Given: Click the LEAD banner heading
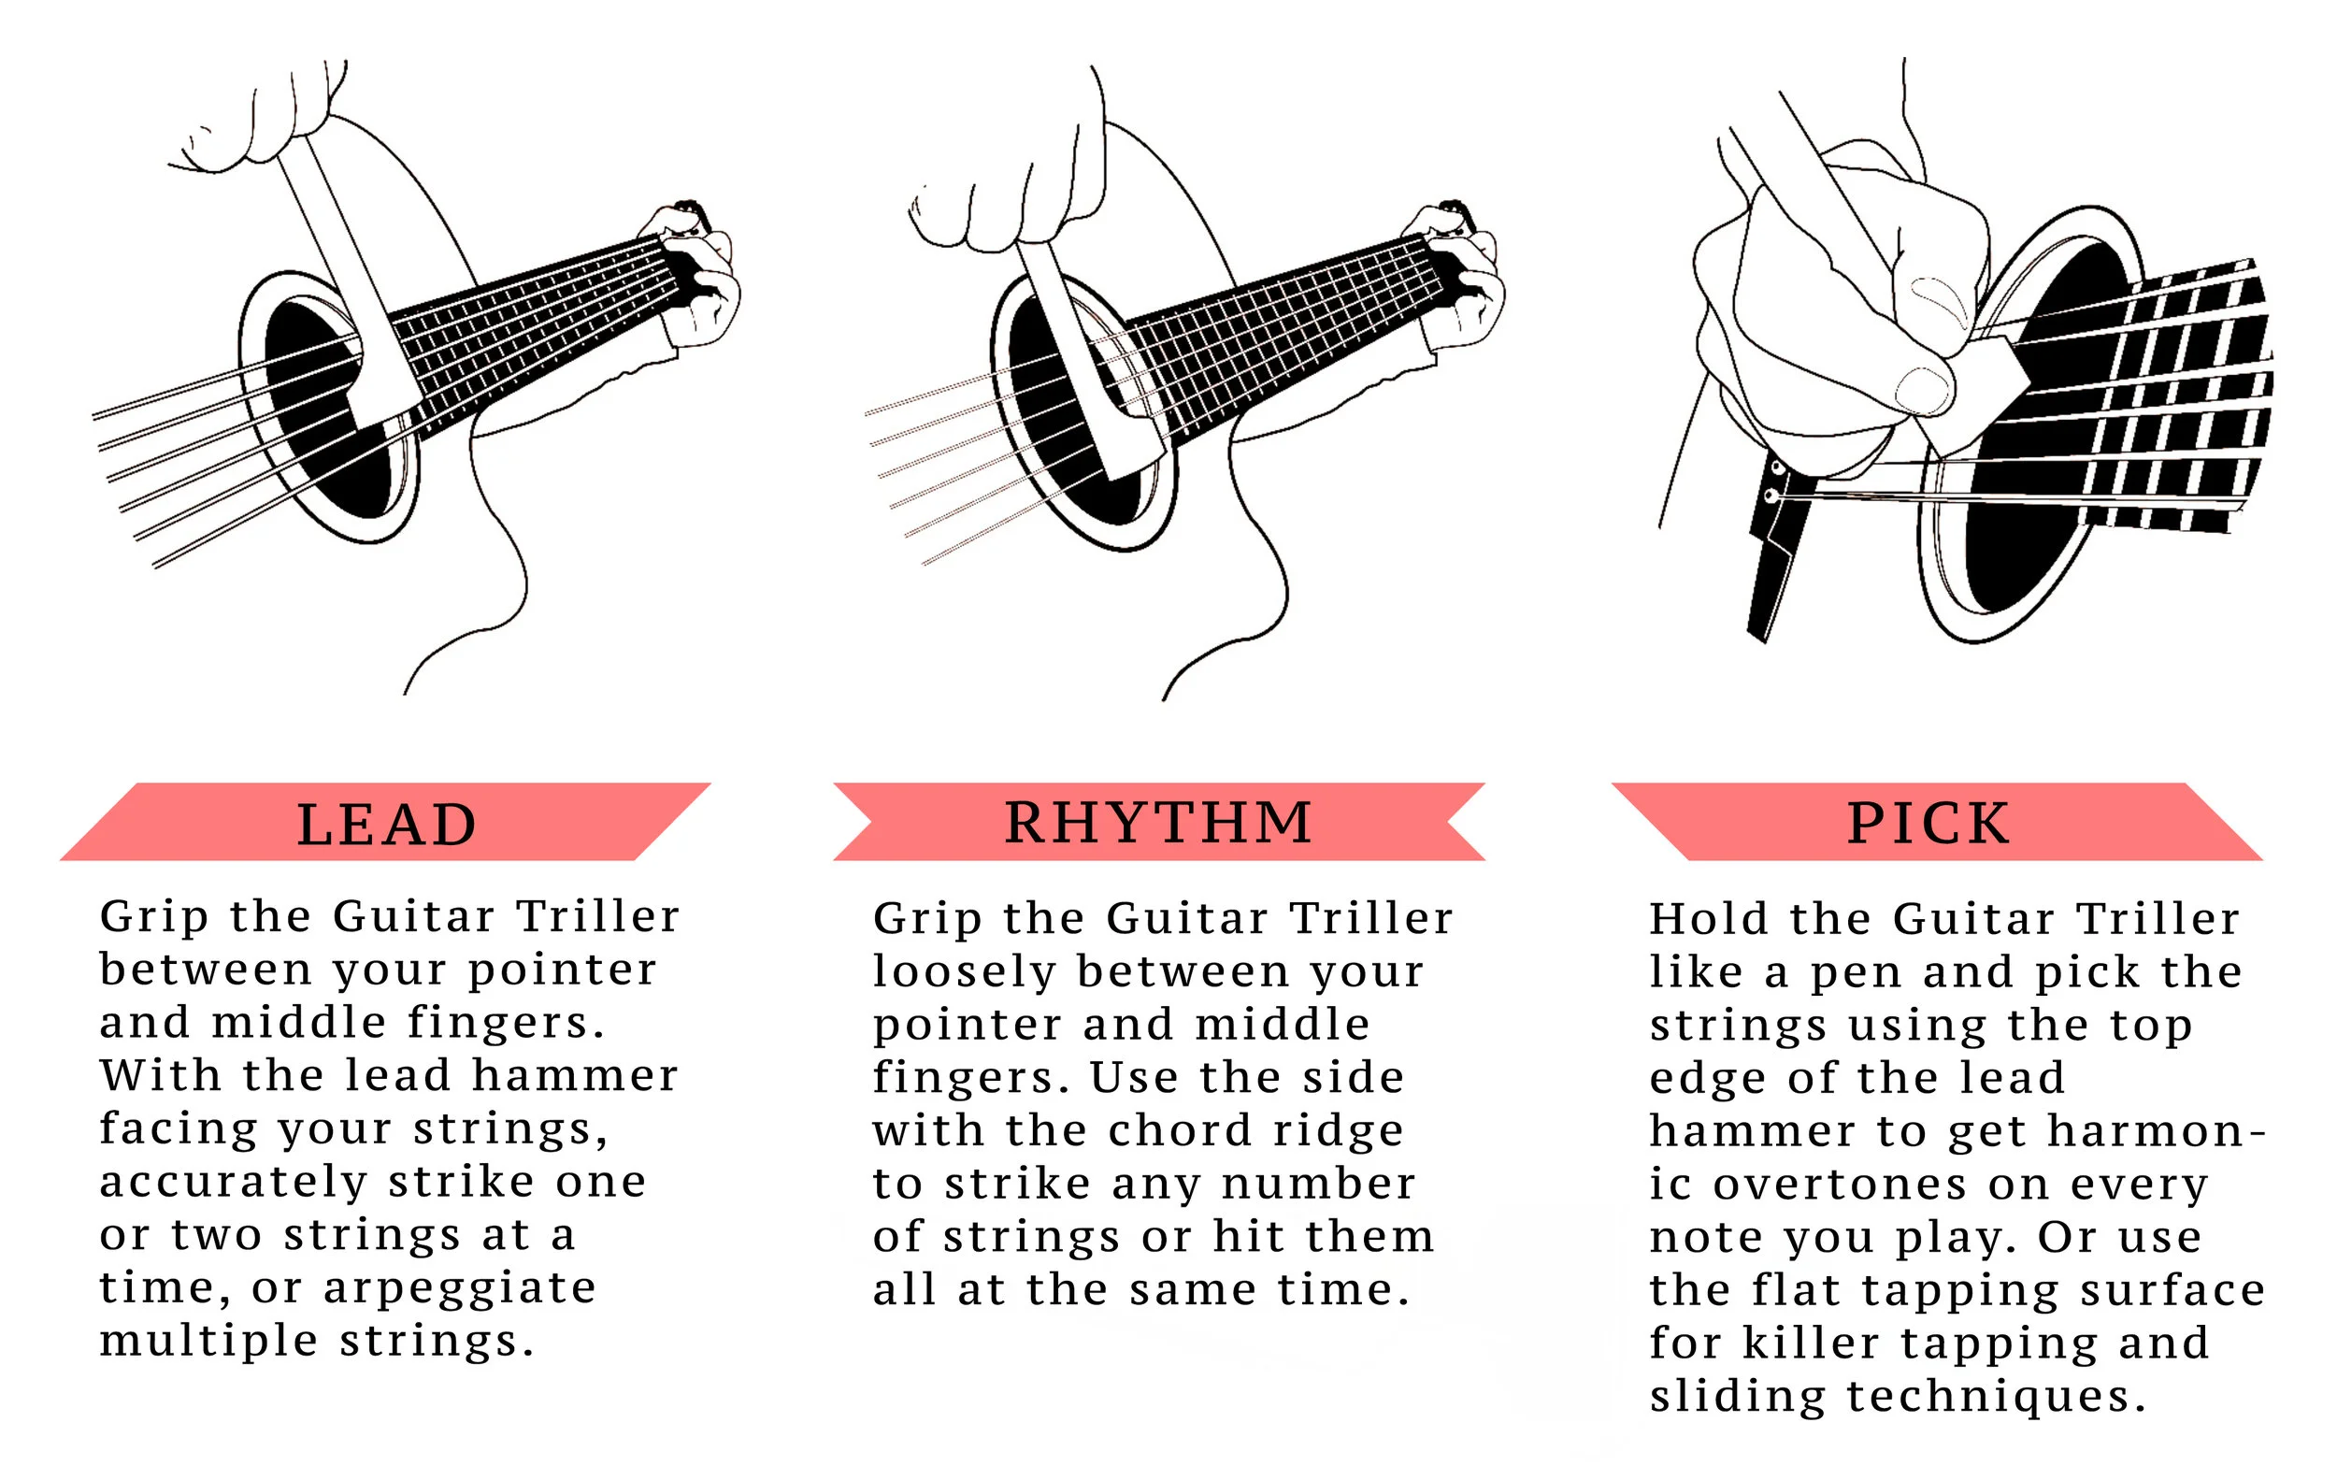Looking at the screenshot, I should point(386,825).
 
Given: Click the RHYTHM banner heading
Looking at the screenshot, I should point(1159,823).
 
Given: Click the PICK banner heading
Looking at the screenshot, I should point(1928,823).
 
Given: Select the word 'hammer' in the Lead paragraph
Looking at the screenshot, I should point(575,1075).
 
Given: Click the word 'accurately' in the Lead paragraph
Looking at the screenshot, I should point(233,1182).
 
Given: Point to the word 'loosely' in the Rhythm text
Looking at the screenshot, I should point(964,970).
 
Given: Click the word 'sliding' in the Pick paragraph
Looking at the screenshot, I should point(1737,1397).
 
